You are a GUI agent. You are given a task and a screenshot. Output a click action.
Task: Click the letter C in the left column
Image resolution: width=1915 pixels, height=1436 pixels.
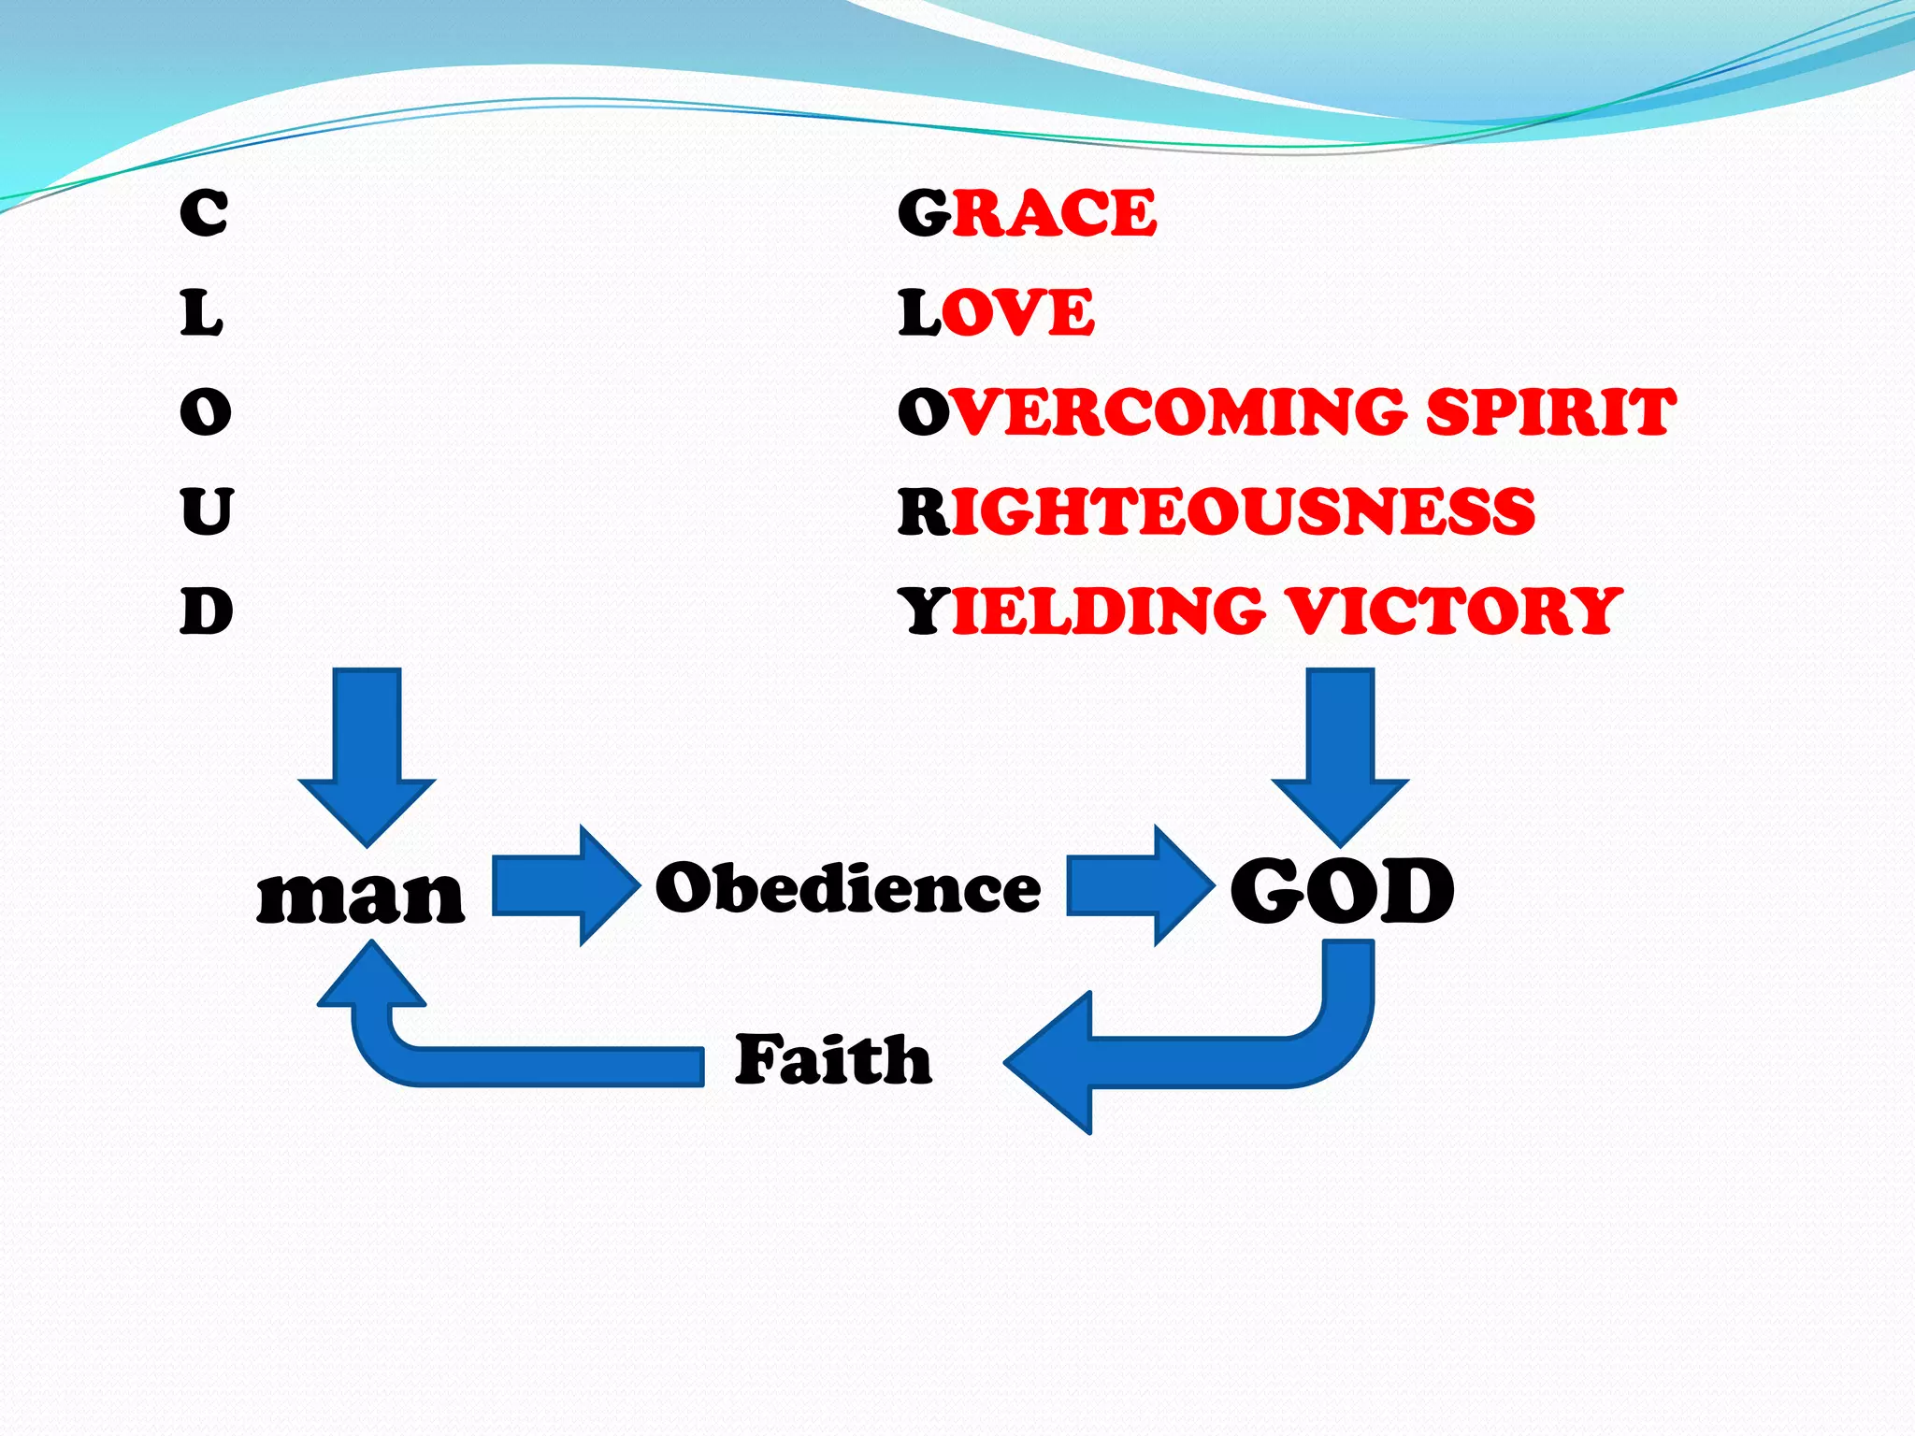[x=204, y=213]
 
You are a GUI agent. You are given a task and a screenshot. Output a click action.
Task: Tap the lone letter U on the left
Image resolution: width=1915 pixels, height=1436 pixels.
[x=207, y=511]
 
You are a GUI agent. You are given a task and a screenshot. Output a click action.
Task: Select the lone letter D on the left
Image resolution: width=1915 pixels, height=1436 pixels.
[x=207, y=611]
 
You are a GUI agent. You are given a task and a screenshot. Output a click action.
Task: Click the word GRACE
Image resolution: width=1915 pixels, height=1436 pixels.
[x=1027, y=213]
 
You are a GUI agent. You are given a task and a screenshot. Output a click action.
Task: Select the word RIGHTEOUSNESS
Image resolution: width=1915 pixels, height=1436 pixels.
[x=1216, y=511]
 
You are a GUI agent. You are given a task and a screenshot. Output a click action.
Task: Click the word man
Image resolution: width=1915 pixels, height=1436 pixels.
[x=360, y=896]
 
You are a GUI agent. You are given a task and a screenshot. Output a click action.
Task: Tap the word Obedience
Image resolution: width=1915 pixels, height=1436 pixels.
[x=847, y=887]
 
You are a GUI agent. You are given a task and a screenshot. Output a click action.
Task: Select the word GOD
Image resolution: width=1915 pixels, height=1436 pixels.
[x=1342, y=891]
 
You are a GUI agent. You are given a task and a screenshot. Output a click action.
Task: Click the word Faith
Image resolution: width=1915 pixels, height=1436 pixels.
[x=833, y=1060]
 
